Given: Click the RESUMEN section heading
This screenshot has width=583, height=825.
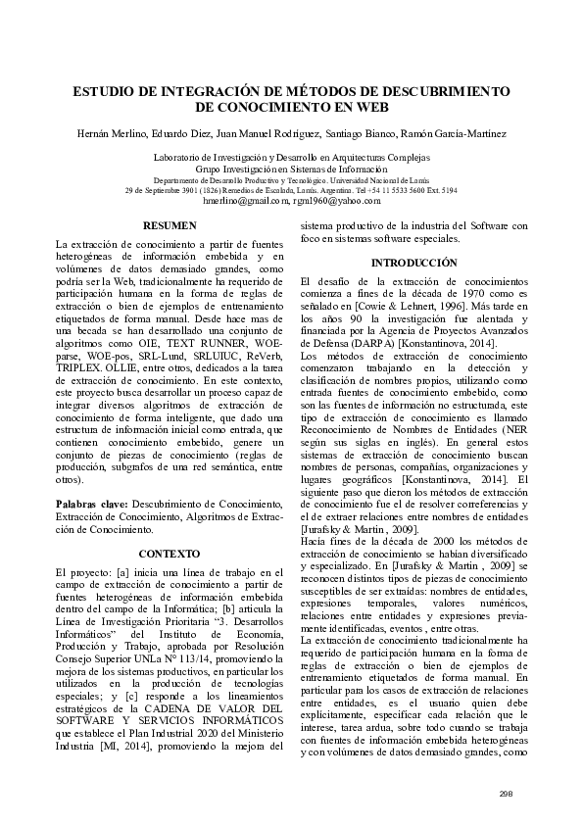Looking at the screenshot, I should [170, 226].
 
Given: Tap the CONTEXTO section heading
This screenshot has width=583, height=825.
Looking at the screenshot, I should [170, 554].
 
